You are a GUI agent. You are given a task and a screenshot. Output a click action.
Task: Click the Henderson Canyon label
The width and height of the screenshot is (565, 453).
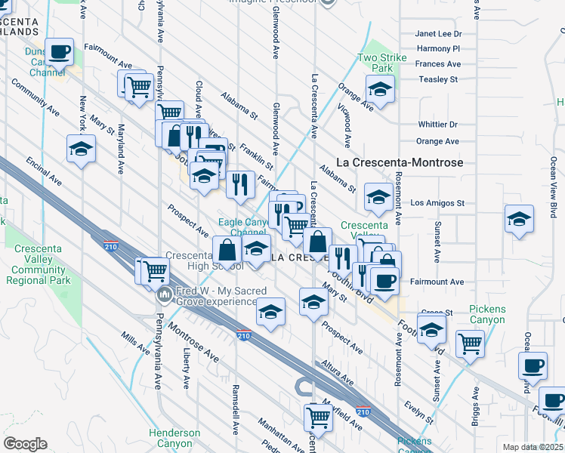174,438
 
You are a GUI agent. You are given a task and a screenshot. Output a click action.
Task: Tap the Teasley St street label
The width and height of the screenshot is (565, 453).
438,79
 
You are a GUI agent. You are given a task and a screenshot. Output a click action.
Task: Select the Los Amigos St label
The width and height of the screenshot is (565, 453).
437,203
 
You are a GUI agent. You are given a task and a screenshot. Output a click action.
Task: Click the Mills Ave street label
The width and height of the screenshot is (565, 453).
135,341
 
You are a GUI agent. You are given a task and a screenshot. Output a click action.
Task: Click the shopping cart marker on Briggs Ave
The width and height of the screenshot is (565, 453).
471,344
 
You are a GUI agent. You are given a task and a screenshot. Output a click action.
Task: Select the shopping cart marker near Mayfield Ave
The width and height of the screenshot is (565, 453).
319,415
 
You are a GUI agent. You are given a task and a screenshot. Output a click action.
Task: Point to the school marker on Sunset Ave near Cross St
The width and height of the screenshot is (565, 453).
431,328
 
